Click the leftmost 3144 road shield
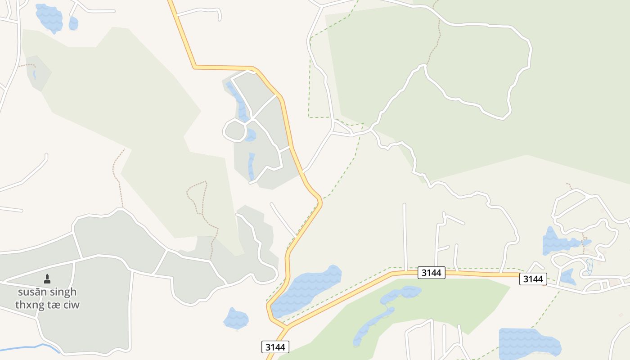tap(275, 347)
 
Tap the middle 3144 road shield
tap(432, 273)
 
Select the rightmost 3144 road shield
tap(533, 279)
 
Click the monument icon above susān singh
tap(47, 279)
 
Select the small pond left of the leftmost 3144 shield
tap(236, 319)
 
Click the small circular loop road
tap(234, 130)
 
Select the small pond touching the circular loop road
tap(251, 135)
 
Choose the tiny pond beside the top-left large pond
tap(73, 23)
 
